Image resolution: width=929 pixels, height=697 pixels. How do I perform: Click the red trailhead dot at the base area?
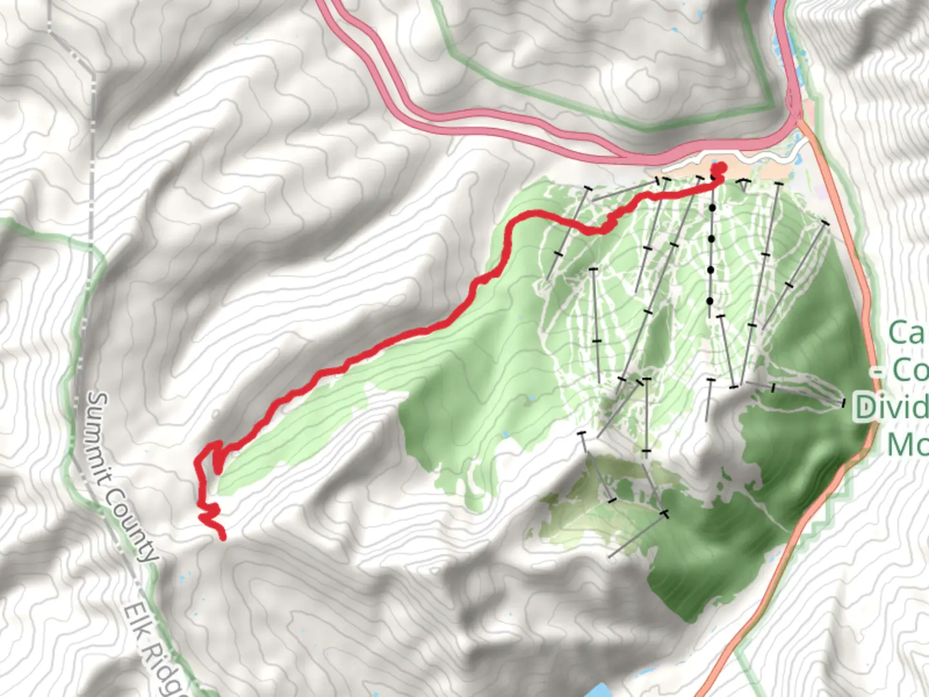point(717,170)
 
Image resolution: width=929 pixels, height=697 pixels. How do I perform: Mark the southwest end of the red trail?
point(223,536)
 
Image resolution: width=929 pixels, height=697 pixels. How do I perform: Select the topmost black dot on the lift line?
point(712,208)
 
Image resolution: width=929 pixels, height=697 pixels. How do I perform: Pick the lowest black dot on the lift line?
point(710,301)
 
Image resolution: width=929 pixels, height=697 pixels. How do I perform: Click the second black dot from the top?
point(711,239)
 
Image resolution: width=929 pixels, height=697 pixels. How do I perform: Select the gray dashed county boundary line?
point(90,161)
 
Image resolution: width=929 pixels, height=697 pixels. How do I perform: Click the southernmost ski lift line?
point(636,536)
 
